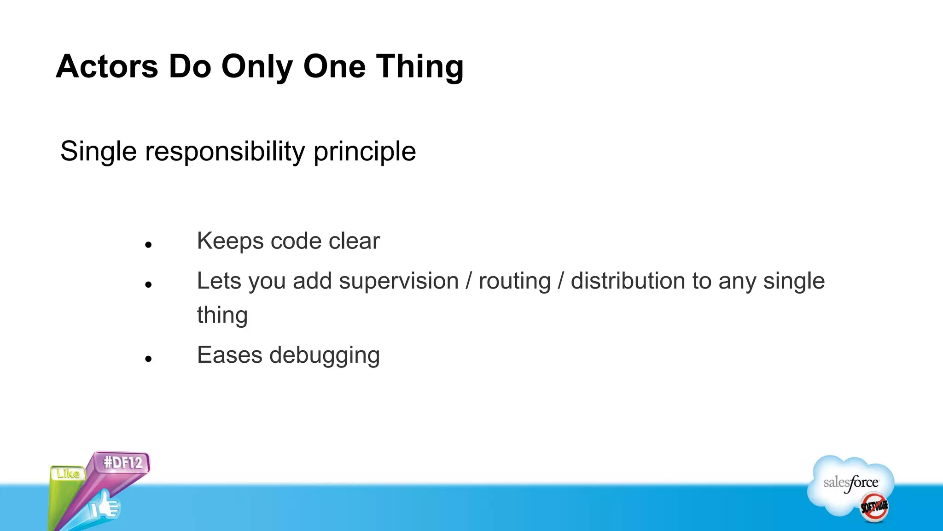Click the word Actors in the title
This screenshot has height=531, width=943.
click(107, 66)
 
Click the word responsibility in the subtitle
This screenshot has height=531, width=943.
click(225, 151)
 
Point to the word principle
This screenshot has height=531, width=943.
click(365, 152)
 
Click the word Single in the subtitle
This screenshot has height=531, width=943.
click(99, 152)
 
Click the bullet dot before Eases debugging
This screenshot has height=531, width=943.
click(148, 359)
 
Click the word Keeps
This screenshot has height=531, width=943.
click(230, 241)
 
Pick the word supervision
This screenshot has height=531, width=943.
click(399, 281)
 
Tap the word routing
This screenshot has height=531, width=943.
click(515, 282)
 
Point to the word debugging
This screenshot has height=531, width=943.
click(325, 356)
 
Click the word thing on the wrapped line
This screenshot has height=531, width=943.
click(222, 316)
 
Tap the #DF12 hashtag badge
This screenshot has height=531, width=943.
click(123, 462)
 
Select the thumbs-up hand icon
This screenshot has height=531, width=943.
click(105, 506)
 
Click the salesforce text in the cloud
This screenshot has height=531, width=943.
click(851, 483)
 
